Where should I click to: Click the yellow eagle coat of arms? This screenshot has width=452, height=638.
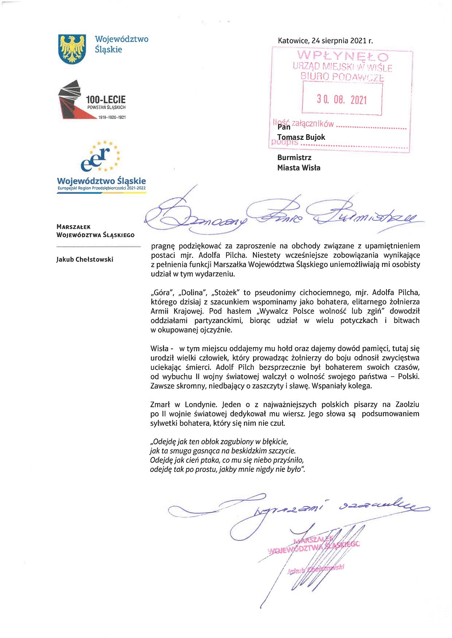(72, 49)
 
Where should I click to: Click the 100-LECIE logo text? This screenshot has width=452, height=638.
(106, 99)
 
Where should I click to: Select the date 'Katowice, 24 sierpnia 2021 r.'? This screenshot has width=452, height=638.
(325, 41)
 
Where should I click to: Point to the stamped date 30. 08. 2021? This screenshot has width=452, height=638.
(342, 100)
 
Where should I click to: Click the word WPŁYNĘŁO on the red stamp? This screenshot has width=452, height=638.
(343, 56)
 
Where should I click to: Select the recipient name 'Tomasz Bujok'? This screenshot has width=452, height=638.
(301, 137)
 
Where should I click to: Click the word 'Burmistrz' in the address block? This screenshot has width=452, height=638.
(294, 158)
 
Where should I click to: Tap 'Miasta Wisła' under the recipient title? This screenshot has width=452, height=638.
(299, 168)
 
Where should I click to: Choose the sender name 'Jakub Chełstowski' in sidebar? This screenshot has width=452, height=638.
(85, 260)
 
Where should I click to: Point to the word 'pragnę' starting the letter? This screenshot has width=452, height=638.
(163, 246)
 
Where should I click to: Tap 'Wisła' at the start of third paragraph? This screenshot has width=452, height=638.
(159, 349)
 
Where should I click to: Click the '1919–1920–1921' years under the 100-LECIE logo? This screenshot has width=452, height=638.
(112, 118)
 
